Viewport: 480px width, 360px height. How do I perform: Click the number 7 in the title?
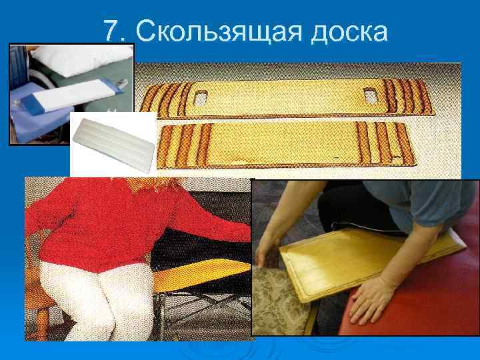111,30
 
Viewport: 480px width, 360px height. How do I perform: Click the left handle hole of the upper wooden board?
201,99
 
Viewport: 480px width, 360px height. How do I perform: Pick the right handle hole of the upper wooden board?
371,95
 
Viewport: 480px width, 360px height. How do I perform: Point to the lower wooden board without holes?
286,145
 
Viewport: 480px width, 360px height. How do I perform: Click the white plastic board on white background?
113,145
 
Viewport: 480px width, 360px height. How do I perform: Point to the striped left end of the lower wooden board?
183,146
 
